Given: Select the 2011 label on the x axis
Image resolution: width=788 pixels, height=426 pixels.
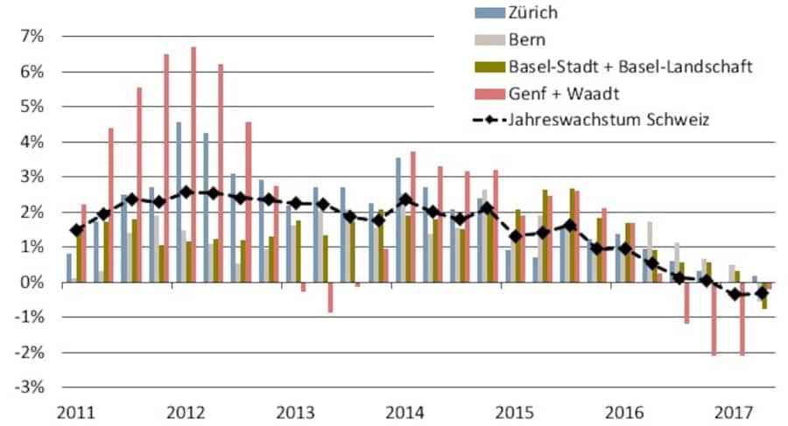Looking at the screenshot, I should click(76, 411).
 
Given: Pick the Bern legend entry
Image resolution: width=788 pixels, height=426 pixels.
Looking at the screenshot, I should click(528, 38).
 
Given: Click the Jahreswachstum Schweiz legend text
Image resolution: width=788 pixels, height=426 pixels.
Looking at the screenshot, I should click(604, 119).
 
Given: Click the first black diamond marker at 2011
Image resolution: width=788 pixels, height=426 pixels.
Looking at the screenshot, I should click(77, 230).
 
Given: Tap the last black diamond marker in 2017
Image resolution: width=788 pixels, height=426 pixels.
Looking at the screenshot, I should click(762, 293).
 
